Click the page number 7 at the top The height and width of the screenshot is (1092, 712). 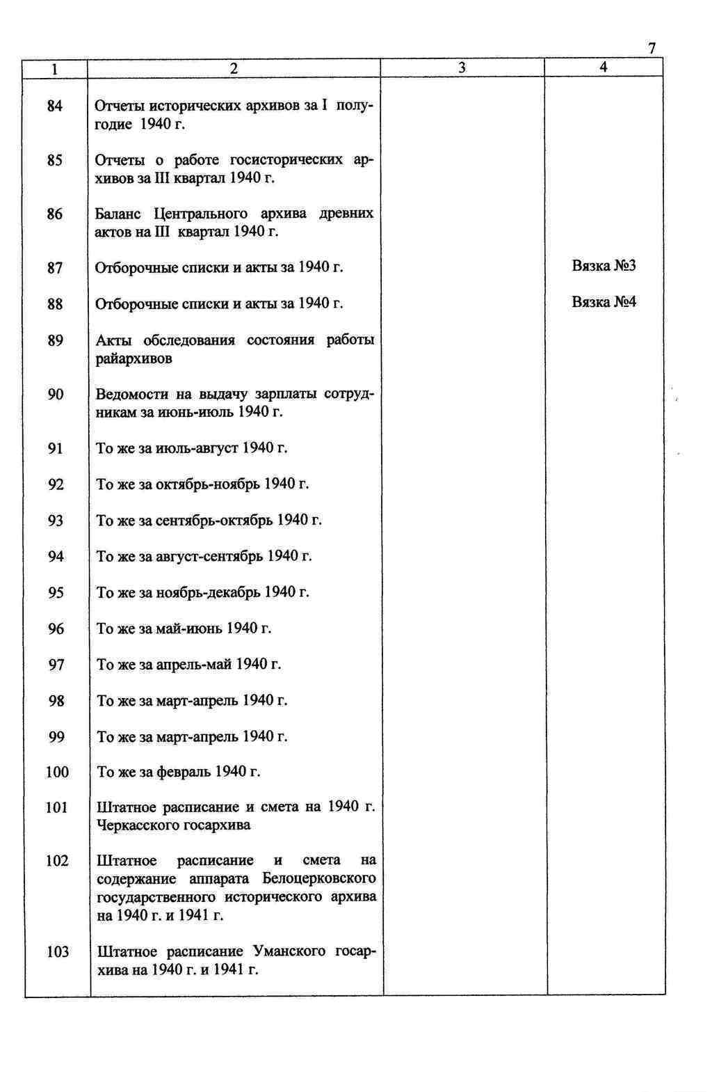click(x=652, y=49)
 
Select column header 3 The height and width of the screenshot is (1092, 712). click(x=462, y=68)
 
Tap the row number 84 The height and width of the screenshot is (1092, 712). click(x=55, y=106)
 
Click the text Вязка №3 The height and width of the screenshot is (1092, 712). click(x=604, y=266)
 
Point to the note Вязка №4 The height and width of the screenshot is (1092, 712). click(x=604, y=302)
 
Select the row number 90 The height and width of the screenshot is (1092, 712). click(x=56, y=395)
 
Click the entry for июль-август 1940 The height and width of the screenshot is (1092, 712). click(x=191, y=448)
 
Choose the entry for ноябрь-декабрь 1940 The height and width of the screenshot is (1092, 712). click(x=202, y=592)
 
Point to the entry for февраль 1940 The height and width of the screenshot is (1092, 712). click(x=179, y=772)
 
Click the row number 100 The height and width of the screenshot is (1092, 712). click(x=57, y=772)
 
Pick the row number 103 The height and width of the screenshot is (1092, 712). click(x=58, y=951)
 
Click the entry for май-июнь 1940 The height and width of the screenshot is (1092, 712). click(x=184, y=628)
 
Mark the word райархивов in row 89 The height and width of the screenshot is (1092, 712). click(x=134, y=359)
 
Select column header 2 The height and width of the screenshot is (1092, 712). click(x=234, y=68)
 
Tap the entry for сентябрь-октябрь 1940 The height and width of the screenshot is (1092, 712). click(x=209, y=521)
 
